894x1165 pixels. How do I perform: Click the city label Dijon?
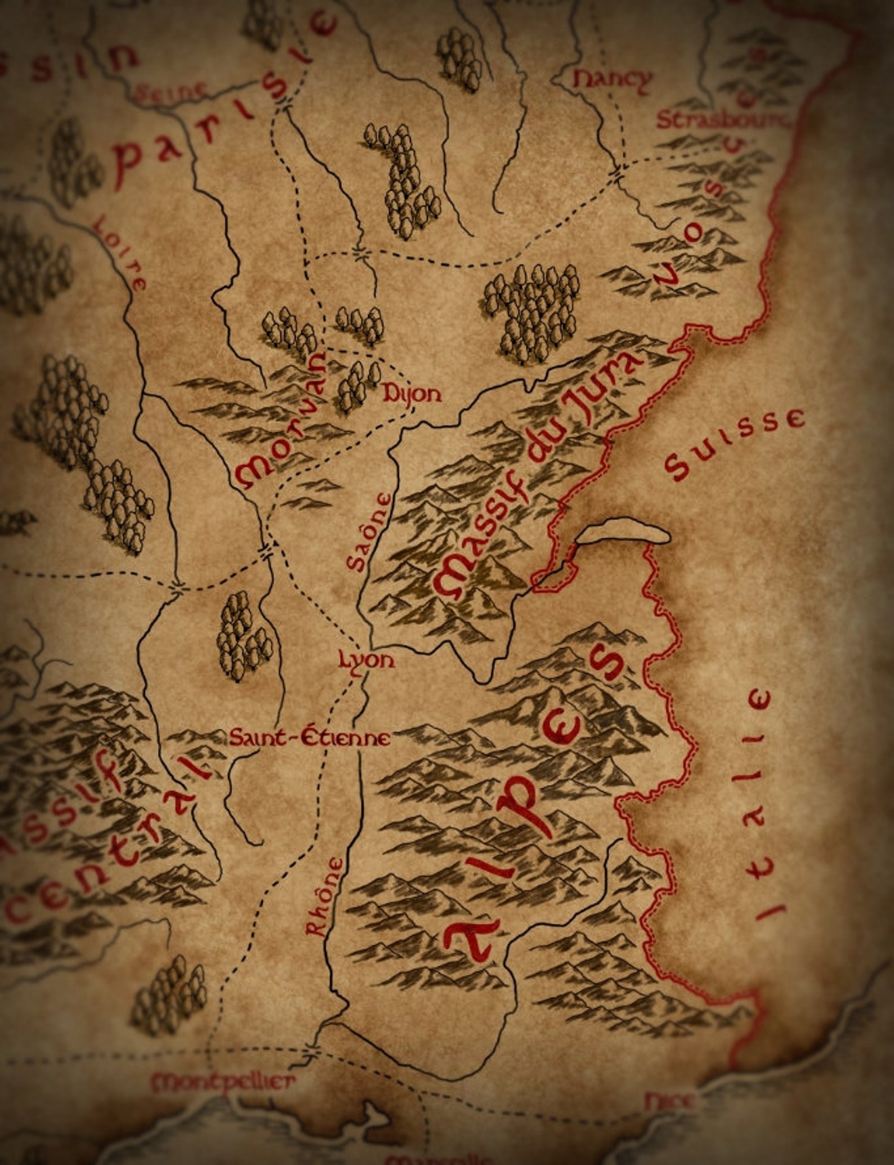click(x=412, y=395)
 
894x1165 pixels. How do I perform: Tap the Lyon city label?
click(x=366, y=659)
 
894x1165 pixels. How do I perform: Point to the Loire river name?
click(x=119, y=252)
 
